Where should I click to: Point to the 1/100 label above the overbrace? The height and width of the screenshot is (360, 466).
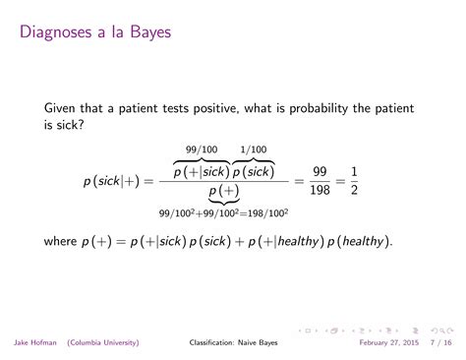pyautogui.click(x=253, y=149)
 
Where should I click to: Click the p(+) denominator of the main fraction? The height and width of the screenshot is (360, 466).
pyautogui.click(x=226, y=191)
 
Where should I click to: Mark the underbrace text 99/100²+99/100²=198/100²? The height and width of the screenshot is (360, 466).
pyautogui.click(x=225, y=211)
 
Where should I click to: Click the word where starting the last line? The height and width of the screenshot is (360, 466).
pyautogui.click(x=62, y=241)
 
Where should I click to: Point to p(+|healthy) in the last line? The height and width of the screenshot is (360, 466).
pyautogui.click(x=270, y=241)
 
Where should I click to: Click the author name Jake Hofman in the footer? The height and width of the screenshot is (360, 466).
pyautogui.click(x=34, y=343)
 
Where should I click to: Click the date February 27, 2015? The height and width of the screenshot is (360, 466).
pyautogui.click(x=385, y=343)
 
